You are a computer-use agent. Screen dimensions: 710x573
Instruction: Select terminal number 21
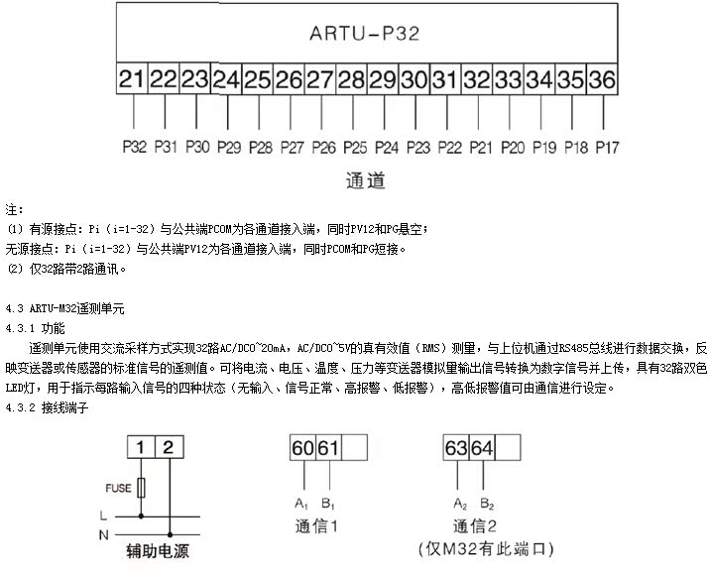(x=132, y=78)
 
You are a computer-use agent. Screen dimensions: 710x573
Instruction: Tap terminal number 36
(x=601, y=78)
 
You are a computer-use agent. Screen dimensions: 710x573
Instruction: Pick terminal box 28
(x=351, y=78)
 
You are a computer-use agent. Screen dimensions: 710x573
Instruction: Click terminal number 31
(x=444, y=78)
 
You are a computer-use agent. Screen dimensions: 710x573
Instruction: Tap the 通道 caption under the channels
(x=365, y=180)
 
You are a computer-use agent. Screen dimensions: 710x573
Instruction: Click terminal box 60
(x=302, y=449)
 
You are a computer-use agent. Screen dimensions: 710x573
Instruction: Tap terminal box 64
(x=482, y=449)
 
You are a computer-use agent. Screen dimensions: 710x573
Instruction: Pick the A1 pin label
(x=299, y=503)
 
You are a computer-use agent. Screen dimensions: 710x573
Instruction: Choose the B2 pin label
(x=487, y=503)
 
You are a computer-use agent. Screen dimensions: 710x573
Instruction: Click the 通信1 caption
(x=317, y=525)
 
